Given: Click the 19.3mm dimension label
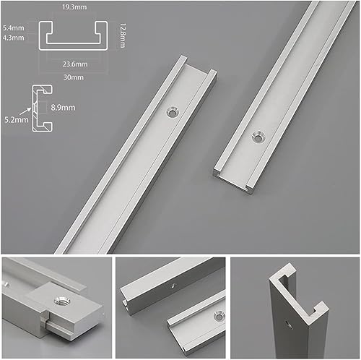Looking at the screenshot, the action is coord(74,7).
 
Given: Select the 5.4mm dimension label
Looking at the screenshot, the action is coord(14,28).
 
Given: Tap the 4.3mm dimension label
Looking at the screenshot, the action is coord(14,38).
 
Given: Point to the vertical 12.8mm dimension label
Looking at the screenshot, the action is coord(122,35).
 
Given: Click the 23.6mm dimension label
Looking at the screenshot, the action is coord(75,64).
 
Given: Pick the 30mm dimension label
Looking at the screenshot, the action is coord(74,77).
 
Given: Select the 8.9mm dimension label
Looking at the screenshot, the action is coord(63,107).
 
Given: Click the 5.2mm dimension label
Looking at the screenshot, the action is coord(17,119).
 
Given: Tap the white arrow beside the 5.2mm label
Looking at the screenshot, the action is coord(25,111).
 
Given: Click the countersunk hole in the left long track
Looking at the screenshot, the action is coord(173,112).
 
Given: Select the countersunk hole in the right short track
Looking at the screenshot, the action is coord(258,137).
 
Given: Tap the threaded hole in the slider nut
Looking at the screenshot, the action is coord(62,301).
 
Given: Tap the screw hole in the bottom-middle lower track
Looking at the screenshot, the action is coord(219,317).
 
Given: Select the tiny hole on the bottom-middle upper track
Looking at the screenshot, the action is coord(173,286).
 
